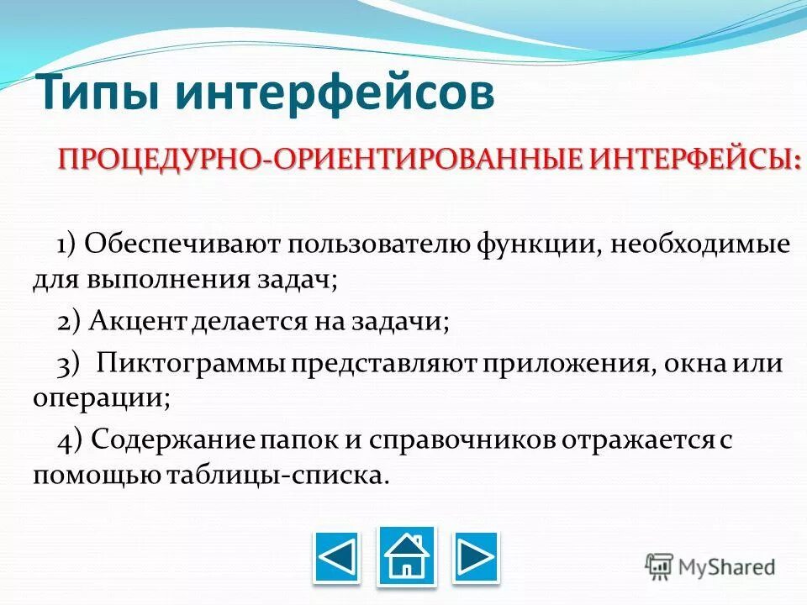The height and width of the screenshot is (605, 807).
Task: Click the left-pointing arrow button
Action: [x=336, y=557]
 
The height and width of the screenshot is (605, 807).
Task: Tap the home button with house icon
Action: [x=407, y=555]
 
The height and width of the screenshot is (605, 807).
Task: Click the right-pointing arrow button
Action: [x=476, y=557]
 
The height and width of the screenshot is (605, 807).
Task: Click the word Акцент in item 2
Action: [x=135, y=321]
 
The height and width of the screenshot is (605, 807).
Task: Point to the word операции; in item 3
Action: [x=102, y=397]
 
